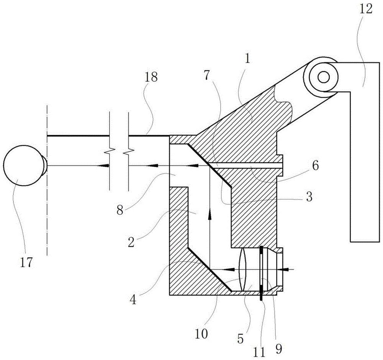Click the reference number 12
366,9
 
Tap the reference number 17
26,262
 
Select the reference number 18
151,77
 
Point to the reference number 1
247,59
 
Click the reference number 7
207,76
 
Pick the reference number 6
315,166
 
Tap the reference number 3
309,197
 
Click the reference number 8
119,210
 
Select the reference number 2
131,243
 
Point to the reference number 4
133,300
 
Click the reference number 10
201,333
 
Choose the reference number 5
241,339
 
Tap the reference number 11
259,352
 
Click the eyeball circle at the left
23,166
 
